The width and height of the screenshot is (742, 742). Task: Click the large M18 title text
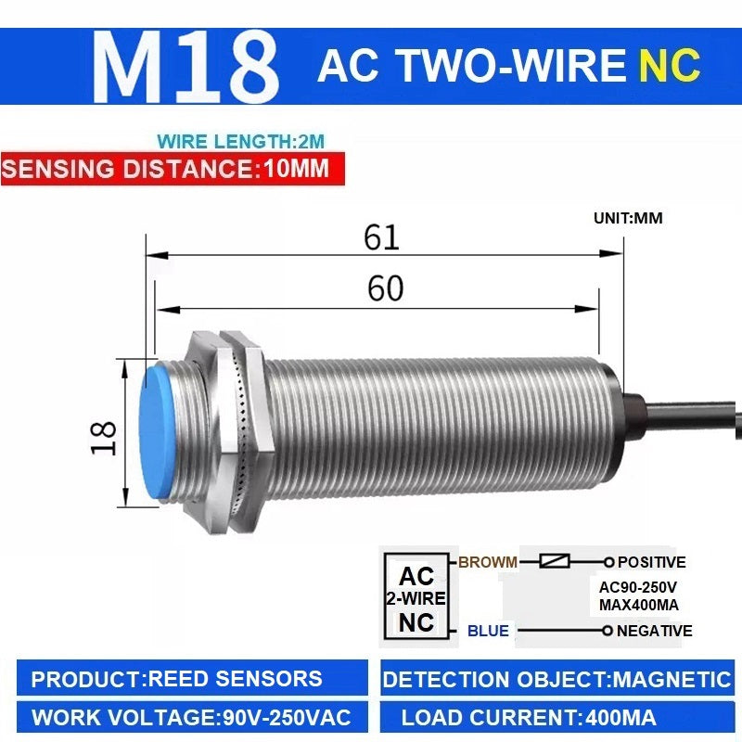185,66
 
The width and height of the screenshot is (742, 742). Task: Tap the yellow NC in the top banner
670,65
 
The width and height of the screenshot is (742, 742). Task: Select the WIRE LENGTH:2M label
241,142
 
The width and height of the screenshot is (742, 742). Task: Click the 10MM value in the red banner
296,168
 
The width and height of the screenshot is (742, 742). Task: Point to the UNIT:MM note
628,218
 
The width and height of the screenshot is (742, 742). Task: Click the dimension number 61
381,237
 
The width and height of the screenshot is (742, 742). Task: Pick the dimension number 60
385,288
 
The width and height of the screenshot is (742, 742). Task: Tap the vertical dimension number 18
103,438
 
